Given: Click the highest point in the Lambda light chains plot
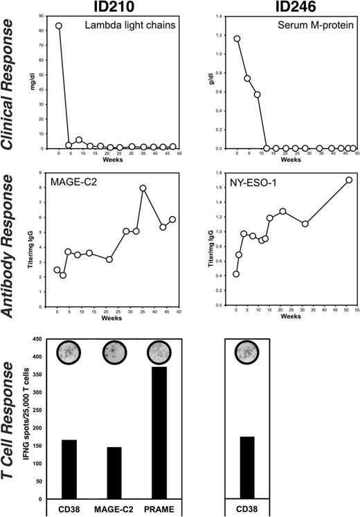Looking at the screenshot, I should tap(58, 26).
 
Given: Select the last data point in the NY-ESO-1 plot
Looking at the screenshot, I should tap(349, 180).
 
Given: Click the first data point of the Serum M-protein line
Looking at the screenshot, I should tap(237, 39).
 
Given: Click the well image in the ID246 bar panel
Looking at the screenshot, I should tap(246, 353).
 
